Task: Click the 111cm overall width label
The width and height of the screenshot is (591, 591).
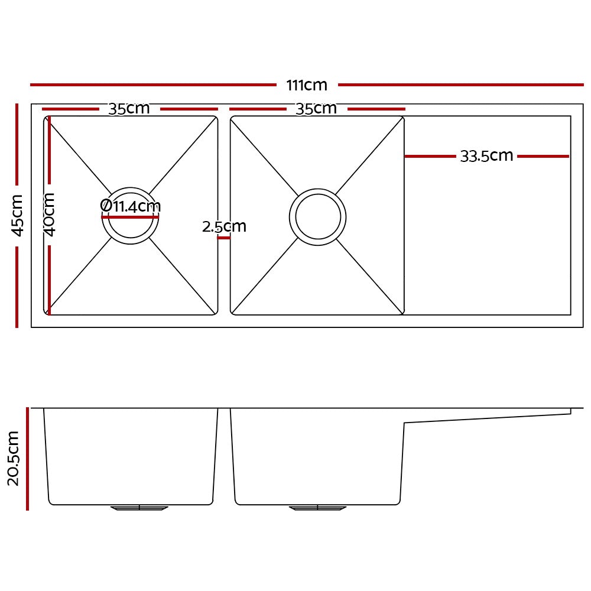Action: pyautogui.click(x=307, y=85)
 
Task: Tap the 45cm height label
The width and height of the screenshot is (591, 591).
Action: pyautogui.click(x=18, y=215)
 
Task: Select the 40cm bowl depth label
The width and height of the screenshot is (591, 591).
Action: pyautogui.click(x=50, y=214)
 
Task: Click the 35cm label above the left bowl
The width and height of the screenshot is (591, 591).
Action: pyautogui.click(x=129, y=109)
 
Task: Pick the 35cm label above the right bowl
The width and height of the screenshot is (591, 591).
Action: pyautogui.click(x=316, y=109)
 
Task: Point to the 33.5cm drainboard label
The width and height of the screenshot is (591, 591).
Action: pyautogui.click(x=486, y=156)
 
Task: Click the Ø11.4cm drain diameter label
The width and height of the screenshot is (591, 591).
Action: pyautogui.click(x=131, y=206)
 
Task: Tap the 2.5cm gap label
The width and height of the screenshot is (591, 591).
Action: pyautogui.click(x=224, y=226)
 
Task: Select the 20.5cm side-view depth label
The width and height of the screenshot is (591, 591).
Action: pyautogui.click(x=14, y=458)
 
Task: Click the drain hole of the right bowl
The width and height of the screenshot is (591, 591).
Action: pyautogui.click(x=318, y=217)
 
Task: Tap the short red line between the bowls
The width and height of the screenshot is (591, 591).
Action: pyautogui.click(x=224, y=238)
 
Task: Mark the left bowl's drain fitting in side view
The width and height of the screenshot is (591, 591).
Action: pyautogui.click(x=139, y=508)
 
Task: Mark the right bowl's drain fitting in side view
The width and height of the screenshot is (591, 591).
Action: pyautogui.click(x=317, y=508)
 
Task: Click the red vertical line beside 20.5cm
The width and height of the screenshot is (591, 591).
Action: pyautogui.click(x=27, y=458)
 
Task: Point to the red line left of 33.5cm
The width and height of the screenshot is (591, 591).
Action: pyautogui.click(x=430, y=157)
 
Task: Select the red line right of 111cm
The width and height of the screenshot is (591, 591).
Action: pyautogui.click(x=460, y=85)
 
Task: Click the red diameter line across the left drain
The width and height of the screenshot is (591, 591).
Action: pyautogui.click(x=130, y=217)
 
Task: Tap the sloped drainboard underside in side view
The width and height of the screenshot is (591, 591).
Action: pyautogui.click(x=488, y=418)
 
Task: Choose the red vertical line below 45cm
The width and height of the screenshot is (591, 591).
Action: pyautogui.click(x=17, y=287)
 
